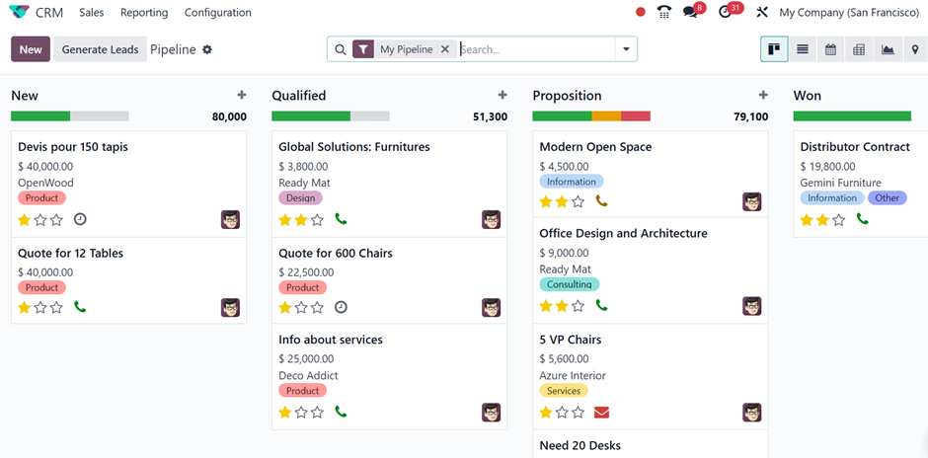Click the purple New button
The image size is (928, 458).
pos(31,49)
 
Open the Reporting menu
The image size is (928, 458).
pos(144,13)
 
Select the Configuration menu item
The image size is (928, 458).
pos(218,13)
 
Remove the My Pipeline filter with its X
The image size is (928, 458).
pos(445,49)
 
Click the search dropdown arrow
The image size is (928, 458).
pos(626,49)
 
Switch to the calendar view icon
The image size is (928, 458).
pos(831,49)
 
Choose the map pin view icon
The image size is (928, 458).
pos(915,49)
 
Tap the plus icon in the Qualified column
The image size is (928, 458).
pos(503,95)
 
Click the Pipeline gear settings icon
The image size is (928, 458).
pos(207,49)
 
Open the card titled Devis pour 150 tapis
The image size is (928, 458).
pos(73,147)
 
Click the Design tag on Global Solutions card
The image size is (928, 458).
pos(301,197)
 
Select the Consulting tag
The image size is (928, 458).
pos(569,284)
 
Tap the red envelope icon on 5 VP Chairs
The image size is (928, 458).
pos(601,412)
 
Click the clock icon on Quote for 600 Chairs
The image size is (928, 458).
pos(341,307)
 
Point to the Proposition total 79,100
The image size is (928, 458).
pos(751,116)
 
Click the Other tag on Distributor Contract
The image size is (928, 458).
pos(888,197)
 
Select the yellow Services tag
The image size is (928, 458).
pos(564,391)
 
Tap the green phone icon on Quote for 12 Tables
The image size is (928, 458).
pos(80,307)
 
